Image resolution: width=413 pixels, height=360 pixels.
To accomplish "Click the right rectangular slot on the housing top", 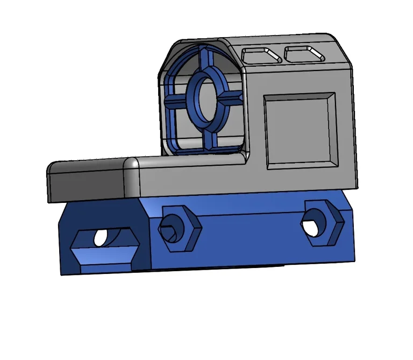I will click(x=304, y=54).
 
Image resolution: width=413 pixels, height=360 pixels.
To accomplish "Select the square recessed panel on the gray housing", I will click(x=299, y=130).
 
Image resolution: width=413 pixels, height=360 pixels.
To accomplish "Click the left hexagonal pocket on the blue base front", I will click(x=180, y=228).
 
